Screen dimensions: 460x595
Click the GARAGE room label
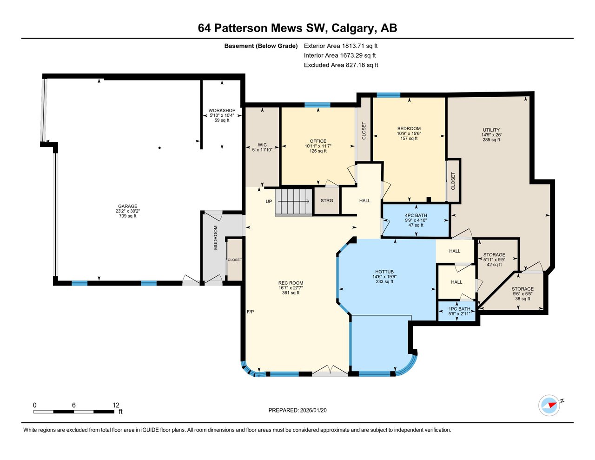[127, 207]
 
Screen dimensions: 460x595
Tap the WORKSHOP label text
[222, 111]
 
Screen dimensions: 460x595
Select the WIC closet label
[262, 145]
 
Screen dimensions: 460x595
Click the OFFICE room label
[318, 141]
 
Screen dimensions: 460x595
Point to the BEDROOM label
[409, 129]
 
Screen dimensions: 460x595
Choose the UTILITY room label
[491, 130]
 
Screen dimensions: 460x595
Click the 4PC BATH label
[416, 216]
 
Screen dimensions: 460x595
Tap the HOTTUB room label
[384, 272]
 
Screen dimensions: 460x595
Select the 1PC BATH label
[459, 309]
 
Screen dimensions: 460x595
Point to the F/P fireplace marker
[250, 312]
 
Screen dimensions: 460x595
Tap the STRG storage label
[327, 201]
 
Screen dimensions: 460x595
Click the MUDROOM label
[215, 238]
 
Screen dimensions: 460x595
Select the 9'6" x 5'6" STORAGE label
[522, 289]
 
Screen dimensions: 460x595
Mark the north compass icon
[549, 405]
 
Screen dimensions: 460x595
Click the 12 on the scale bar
[116, 405]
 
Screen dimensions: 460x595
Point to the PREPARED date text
[300, 410]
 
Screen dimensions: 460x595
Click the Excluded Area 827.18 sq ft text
[341, 65]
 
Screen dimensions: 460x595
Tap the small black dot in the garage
[159, 148]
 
